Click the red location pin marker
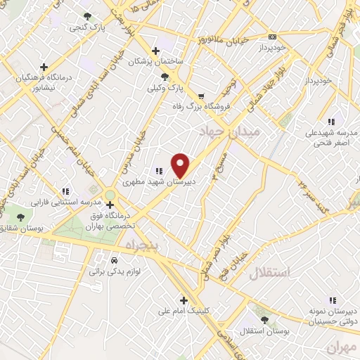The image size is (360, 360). [181, 165]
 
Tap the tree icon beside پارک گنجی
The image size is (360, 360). [87, 16]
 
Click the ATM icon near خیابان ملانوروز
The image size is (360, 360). [272, 37]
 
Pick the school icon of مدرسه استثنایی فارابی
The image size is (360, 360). [65, 191]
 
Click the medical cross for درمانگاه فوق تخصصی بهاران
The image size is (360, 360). [109, 205]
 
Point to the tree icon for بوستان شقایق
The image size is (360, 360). [19, 217]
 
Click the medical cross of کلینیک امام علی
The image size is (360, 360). [184, 299]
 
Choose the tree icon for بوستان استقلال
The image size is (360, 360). [264, 320]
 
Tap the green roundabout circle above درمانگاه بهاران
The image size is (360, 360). [110, 195]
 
